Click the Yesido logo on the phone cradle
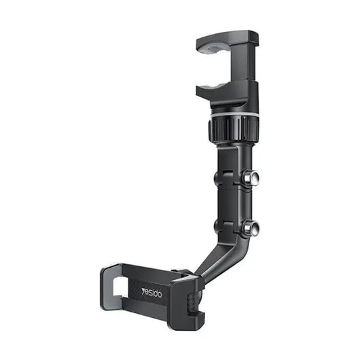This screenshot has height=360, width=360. click(151, 293)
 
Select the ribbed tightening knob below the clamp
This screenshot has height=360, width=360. click(234, 129)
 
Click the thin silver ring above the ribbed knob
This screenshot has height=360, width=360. click(234, 115)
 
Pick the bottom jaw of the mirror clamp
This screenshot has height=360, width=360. click(227, 92)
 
